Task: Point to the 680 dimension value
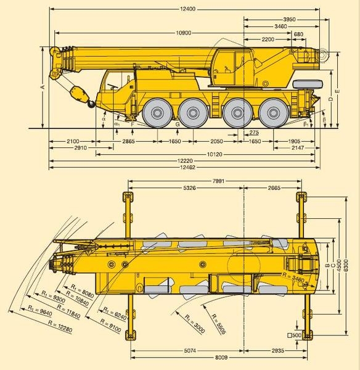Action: click(x=298, y=33)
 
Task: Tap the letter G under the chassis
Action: click(x=178, y=125)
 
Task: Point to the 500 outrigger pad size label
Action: click(x=295, y=335)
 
